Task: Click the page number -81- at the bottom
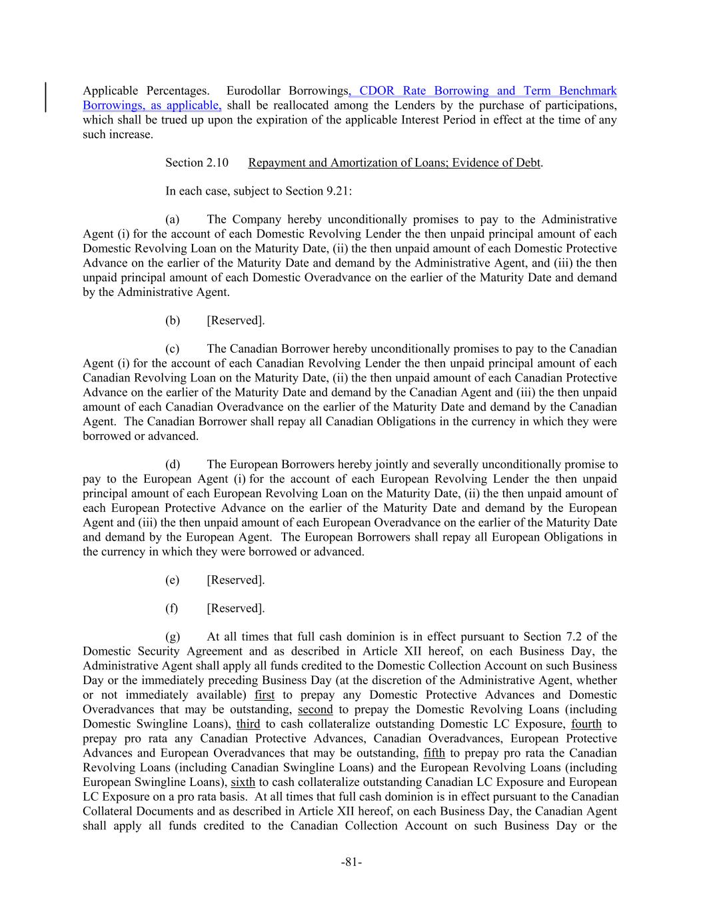(x=351, y=863)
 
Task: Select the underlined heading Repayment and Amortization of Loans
(x=394, y=163)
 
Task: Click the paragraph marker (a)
(x=173, y=219)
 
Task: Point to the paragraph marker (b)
(x=173, y=321)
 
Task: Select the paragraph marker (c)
(x=173, y=349)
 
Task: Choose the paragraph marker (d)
(x=173, y=465)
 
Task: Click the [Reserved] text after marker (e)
(x=236, y=580)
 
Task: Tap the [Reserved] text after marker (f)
(x=236, y=608)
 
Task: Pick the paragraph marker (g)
(x=173, y=637)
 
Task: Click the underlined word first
(x=265, y=695)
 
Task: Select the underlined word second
(x=315, y=709)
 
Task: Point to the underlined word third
(x=248, y=724)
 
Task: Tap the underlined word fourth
(x=586, y=724)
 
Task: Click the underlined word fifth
(x=434, y=753)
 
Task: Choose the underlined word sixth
(x=243, y=782)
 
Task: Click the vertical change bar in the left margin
(x=45, y=97)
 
